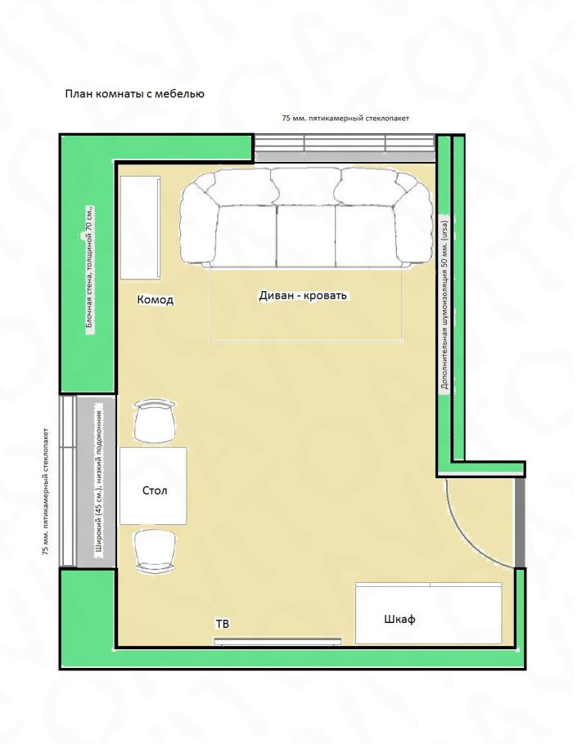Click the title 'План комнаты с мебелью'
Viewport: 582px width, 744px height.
[x=134, y=94]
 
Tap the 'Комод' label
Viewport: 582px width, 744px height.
[x=156, y=299]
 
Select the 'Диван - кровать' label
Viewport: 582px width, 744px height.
[x=303, y=295]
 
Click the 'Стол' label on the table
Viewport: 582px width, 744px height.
[x=155, y=491]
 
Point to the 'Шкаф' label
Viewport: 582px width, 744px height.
[x=399, y=619]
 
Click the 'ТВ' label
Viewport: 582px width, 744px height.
[x=223, y=624]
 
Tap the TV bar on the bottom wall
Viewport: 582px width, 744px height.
[x=277, y=642]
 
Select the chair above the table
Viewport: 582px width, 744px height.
[x=155, y=420]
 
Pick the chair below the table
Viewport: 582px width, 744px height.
[x=155, y=551]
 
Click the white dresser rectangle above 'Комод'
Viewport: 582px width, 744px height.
[x=140, y=228]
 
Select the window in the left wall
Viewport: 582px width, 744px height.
[x=67, y=481]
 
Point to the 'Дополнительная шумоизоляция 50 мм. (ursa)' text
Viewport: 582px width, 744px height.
[x=444, y=303]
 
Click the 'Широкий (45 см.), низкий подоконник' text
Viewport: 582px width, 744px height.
[x=100, y=480]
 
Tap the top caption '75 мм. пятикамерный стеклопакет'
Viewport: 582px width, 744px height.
[x=345, y=119]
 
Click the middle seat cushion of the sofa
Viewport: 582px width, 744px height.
[x=306, y=235]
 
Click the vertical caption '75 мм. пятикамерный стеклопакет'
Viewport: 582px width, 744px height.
[x=46, y=491]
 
